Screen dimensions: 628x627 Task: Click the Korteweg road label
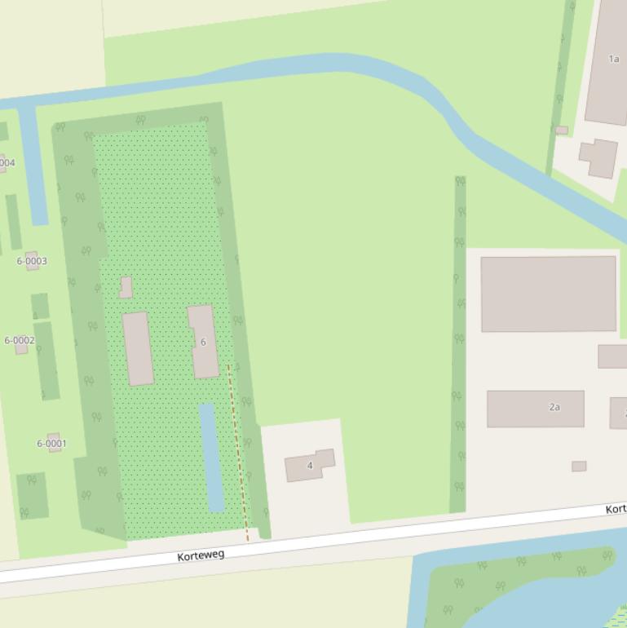coord(201,555)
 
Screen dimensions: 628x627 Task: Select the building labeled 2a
coord(536,408)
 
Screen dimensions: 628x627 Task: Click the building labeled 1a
coord(607,61)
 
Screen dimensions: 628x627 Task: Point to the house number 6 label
coord(203,342)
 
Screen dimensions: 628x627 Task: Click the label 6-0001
coord(51,444)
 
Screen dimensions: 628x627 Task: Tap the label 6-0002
coord(20,340)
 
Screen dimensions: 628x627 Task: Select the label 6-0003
coord(32,261)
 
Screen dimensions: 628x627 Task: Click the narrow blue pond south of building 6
coord(211,457)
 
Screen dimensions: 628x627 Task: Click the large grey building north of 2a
coord(548,294)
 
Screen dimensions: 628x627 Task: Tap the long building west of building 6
coord(138,348)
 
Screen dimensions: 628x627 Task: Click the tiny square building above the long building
coord(126,287)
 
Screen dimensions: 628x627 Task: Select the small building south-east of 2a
coord(579,467)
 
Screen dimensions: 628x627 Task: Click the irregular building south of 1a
coord(599,157)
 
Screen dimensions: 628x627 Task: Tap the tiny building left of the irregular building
coord(562,130)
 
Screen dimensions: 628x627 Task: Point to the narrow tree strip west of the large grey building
coord(459,343)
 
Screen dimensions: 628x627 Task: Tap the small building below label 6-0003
coord(39,306)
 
